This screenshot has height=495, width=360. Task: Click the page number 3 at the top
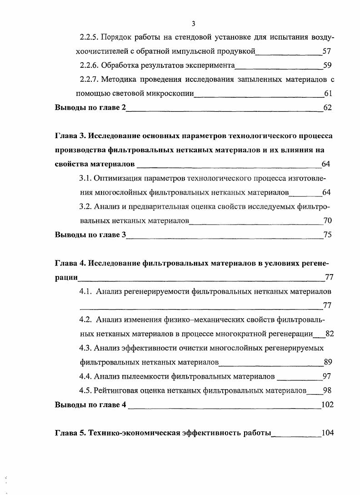(193, 24)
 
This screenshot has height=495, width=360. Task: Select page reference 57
(326, 51)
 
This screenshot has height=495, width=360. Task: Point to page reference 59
(326, 65)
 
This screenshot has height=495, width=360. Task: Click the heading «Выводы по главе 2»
(90, 108)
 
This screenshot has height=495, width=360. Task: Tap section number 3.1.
(85, 179)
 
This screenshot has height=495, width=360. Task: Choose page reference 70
(327, 221)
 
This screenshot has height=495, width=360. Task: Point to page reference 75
(327, 235)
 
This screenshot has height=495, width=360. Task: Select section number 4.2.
(85, 320)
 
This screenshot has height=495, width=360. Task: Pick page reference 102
(327, 405)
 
